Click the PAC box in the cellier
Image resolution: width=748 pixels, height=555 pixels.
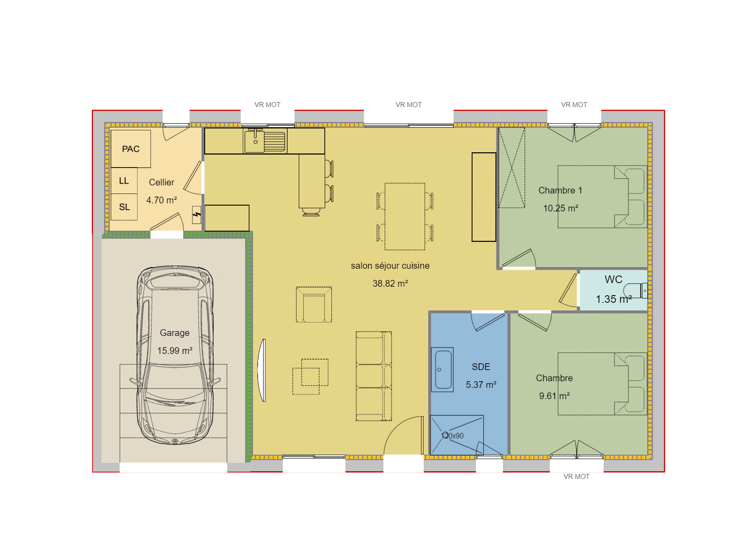click(x=130, y=149)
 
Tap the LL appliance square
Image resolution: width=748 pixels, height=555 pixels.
click(x=124, y=181)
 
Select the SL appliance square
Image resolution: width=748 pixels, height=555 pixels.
click(x=124, y=207)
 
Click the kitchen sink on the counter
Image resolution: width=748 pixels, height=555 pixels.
click(x=255, y=141)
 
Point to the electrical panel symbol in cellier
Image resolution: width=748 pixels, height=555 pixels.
click(x=196, y=215)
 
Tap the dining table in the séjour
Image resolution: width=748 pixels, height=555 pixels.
click(x=405, y=216)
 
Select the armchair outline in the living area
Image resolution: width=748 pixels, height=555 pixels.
click(x=314, y=305)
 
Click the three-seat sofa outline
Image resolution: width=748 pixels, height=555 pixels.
click(x=374, y=376)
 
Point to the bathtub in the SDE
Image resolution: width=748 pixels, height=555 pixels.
click(x=443, y=370)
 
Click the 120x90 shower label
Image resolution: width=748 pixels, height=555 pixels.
click(x=452, y=436)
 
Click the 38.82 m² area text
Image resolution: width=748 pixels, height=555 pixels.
click(x=390, y=284)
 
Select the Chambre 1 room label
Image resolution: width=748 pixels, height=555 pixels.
click(x=560, y=190)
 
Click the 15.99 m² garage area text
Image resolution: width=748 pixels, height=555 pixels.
click(x=175, y=351)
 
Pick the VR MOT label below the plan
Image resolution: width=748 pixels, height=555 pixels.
click(x=576, y=477)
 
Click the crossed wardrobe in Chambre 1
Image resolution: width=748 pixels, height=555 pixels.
click(x=512, y=168)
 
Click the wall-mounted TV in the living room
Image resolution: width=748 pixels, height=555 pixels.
click(x=262, y=370)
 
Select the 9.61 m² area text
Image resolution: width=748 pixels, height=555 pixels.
click(x=554, y=396)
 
